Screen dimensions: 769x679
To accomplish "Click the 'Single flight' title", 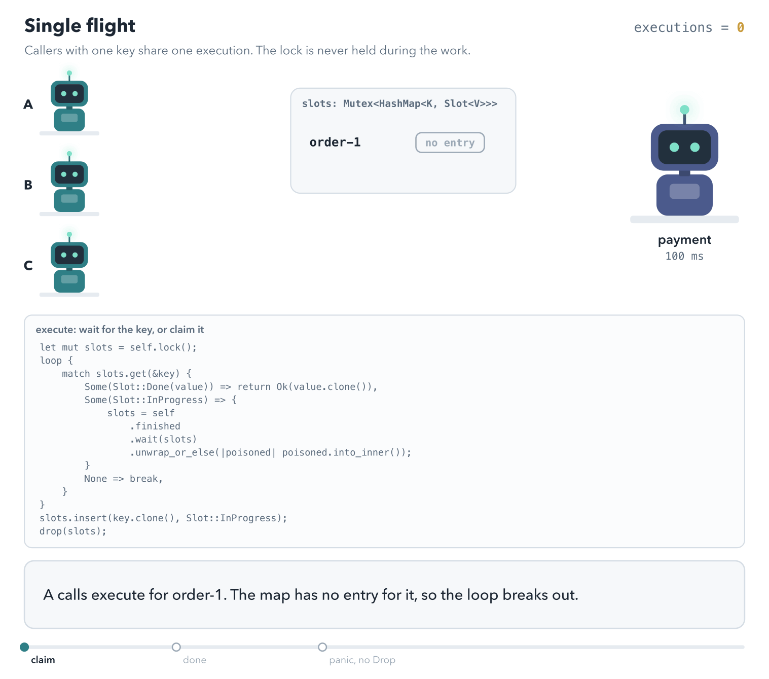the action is tap(80, 26).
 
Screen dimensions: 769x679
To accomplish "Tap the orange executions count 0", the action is tap(740, 27).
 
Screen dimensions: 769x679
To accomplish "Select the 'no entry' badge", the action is tap(450, 143).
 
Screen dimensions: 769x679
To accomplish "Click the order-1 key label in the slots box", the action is tap(335, 142).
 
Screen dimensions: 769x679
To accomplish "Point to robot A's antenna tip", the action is tap(69, 73).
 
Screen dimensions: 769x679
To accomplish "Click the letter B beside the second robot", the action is tap(28, 185).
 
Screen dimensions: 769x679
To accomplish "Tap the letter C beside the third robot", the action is tap(28, 265).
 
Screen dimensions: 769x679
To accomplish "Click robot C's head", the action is tap(69, 255).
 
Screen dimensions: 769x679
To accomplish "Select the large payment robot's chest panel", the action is tap(684, 191).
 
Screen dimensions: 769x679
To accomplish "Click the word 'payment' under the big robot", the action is tap(684, 240).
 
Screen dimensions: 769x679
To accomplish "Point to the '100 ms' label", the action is tap(684, 256).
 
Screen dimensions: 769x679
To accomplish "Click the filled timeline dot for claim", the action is tap(24, 647).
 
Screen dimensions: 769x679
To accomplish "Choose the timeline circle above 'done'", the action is tap(176, 647).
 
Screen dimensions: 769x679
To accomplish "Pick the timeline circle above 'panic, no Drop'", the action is tap(322, 647).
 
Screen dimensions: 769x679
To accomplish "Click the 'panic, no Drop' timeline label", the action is tap(362, 660).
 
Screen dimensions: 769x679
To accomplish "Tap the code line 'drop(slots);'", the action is tap(73, 531).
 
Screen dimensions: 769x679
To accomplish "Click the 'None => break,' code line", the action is tap(123, 479).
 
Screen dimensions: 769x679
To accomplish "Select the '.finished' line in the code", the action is tap(155, 426).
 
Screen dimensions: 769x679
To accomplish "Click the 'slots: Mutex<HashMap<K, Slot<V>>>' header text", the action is tap(399, 103).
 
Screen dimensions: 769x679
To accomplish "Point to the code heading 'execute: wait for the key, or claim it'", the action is tap(120, 330).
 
